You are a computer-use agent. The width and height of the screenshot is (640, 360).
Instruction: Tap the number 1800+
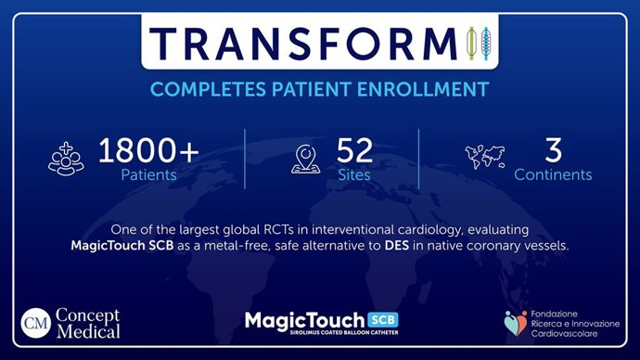[x=149, y=149]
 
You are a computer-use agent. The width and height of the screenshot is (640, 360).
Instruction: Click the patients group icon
[x=67, y=158]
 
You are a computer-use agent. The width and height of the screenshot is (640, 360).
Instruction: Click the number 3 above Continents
[x=554, y=149]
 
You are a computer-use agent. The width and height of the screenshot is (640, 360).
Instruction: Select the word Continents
[x=554, y=174]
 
